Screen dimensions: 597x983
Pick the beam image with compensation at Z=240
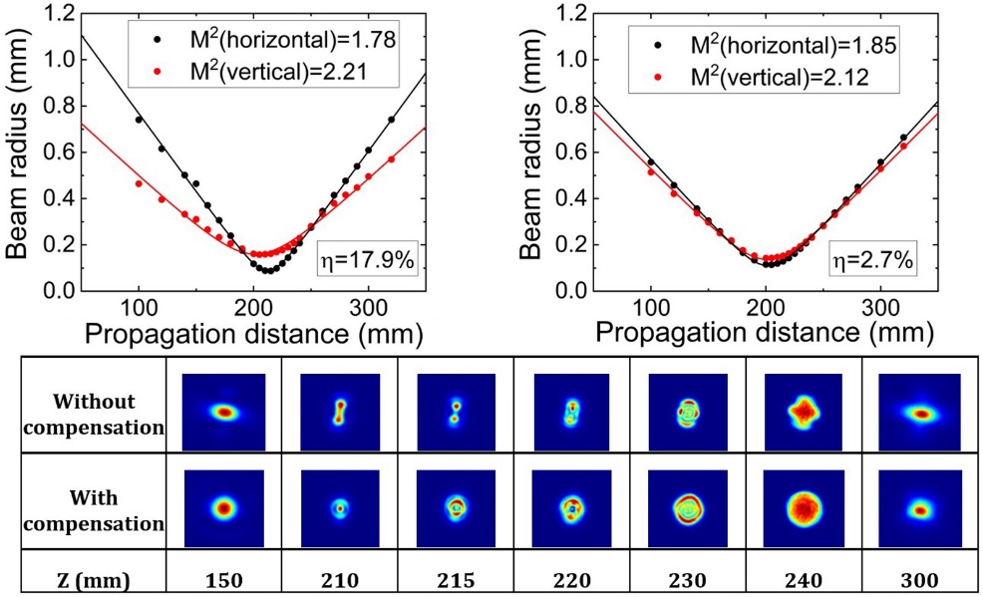coord(803,506)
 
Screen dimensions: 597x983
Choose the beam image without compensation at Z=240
coord(803,411)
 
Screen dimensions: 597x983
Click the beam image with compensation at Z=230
coord(687,506)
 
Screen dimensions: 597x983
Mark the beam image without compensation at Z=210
coord(339,411)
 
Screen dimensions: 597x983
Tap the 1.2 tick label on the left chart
coord(52,15)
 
